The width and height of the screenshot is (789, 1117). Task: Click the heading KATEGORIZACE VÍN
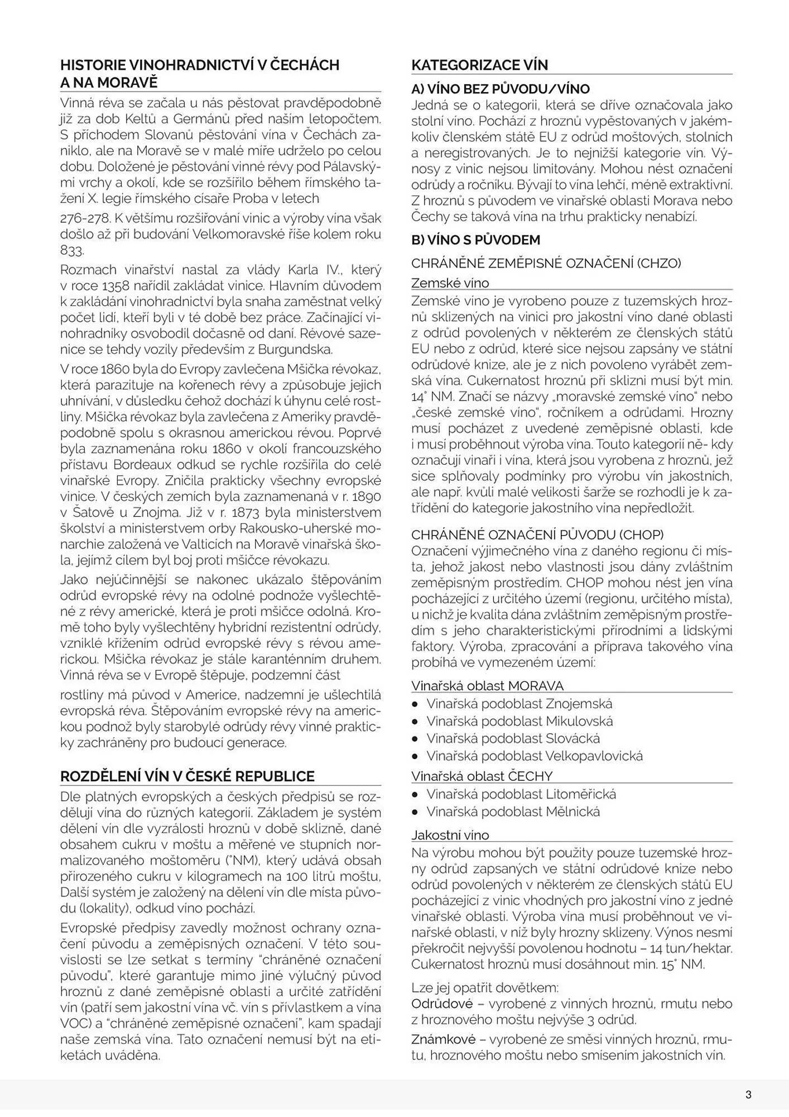pos(479,65)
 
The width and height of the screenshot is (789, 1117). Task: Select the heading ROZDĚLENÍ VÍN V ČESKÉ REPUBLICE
pos(187,776)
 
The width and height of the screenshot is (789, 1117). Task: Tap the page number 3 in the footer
pos(748,1095)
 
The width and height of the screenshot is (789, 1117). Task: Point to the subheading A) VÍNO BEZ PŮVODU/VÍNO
pos(500,89)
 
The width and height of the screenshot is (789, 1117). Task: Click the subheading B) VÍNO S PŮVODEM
pos(475,240)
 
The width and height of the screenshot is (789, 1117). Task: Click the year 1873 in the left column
pos(247,512)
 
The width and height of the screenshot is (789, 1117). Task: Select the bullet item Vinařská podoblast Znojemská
pos(519,704)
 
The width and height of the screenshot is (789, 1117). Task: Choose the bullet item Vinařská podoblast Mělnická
pos(513,812)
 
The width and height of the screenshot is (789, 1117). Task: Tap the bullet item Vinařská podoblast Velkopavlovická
pos(534,756)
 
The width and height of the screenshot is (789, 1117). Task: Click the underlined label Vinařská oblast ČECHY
pos(482,776)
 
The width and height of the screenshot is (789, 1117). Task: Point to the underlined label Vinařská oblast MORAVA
pos(487,686)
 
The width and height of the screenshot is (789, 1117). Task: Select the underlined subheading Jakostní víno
pos(450,836)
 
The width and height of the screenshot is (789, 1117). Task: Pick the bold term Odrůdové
pos(442,1004)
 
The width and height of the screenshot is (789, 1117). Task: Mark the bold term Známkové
pos(443,1039)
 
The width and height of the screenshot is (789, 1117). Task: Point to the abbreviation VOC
pos(73,1024)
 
